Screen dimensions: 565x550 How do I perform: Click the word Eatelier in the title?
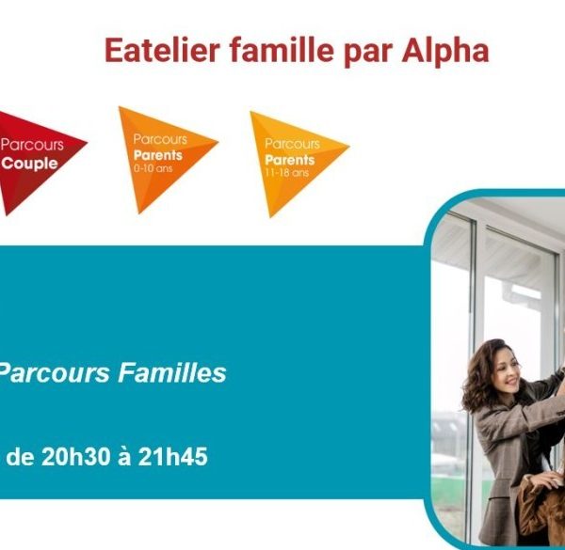tap(162, 51)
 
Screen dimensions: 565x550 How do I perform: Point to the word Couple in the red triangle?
tap(29, 164)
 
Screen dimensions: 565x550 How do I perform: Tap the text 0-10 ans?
tap(153, 168)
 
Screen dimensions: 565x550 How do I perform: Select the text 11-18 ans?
tap(287, 173)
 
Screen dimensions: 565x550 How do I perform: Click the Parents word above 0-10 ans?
tap(158, 155)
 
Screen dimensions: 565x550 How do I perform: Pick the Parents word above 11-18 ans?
tap(290, 160)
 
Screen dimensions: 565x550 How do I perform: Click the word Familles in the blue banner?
tap(172, 372)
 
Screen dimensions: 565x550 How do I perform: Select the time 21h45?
tap(173, 457)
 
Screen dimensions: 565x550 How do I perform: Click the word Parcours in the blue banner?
tap(54, 372)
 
